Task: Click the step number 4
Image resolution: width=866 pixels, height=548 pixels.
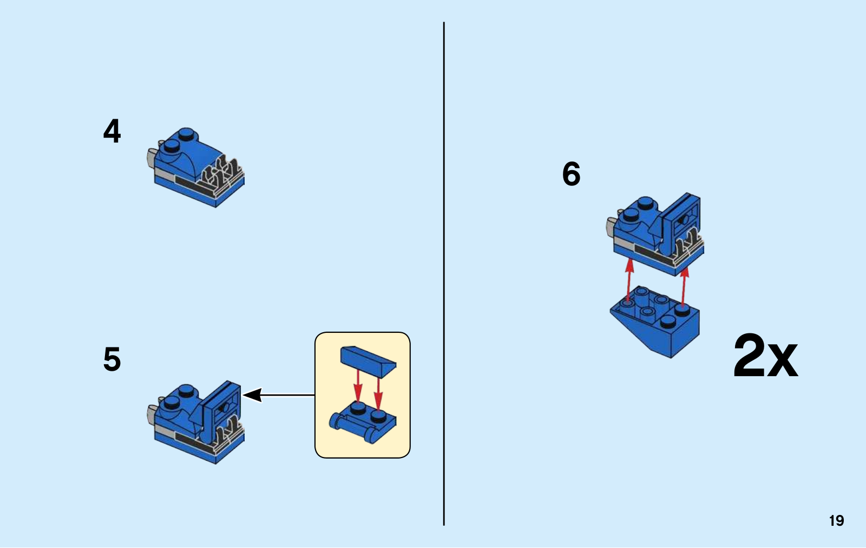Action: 112,131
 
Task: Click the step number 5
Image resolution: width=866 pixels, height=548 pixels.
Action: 112,359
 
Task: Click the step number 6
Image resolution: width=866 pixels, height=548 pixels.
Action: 571,174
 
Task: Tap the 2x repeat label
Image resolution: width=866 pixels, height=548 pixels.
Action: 765,356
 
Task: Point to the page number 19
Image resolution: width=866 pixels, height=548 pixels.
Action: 836,521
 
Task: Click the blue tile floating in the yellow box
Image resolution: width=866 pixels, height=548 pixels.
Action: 368,360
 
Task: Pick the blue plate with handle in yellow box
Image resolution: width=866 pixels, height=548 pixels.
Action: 363,423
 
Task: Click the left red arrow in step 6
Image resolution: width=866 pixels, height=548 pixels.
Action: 629,279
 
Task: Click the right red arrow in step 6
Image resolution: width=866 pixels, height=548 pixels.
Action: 684,287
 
